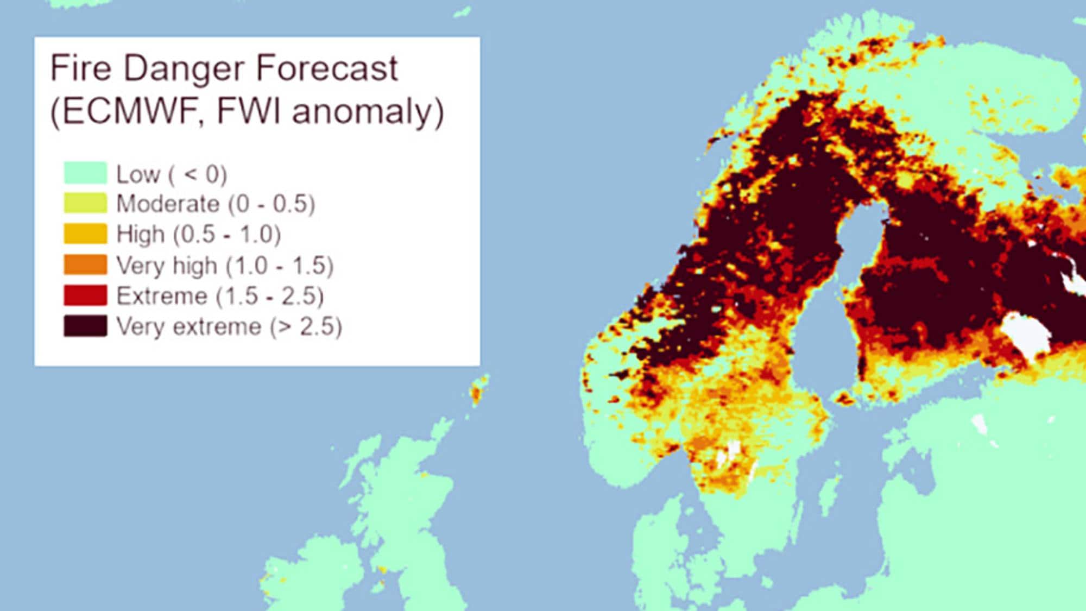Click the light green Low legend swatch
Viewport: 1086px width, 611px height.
pos(85,173)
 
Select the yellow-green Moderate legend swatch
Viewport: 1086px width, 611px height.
pos(85,203)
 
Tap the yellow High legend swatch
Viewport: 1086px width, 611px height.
pos(85,234)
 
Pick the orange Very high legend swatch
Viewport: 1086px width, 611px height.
pos(85,264)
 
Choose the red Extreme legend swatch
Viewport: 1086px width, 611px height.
pos(85,295)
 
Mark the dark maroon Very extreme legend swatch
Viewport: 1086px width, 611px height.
pos(85,326)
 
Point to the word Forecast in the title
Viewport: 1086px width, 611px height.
pos(326,68)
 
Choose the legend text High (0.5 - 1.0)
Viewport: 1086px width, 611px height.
pos(199,234)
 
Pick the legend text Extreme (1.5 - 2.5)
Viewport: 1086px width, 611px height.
pos(220,296)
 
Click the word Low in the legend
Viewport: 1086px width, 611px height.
pos(138,174)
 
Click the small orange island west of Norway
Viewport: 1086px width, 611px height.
pos(478,390)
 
